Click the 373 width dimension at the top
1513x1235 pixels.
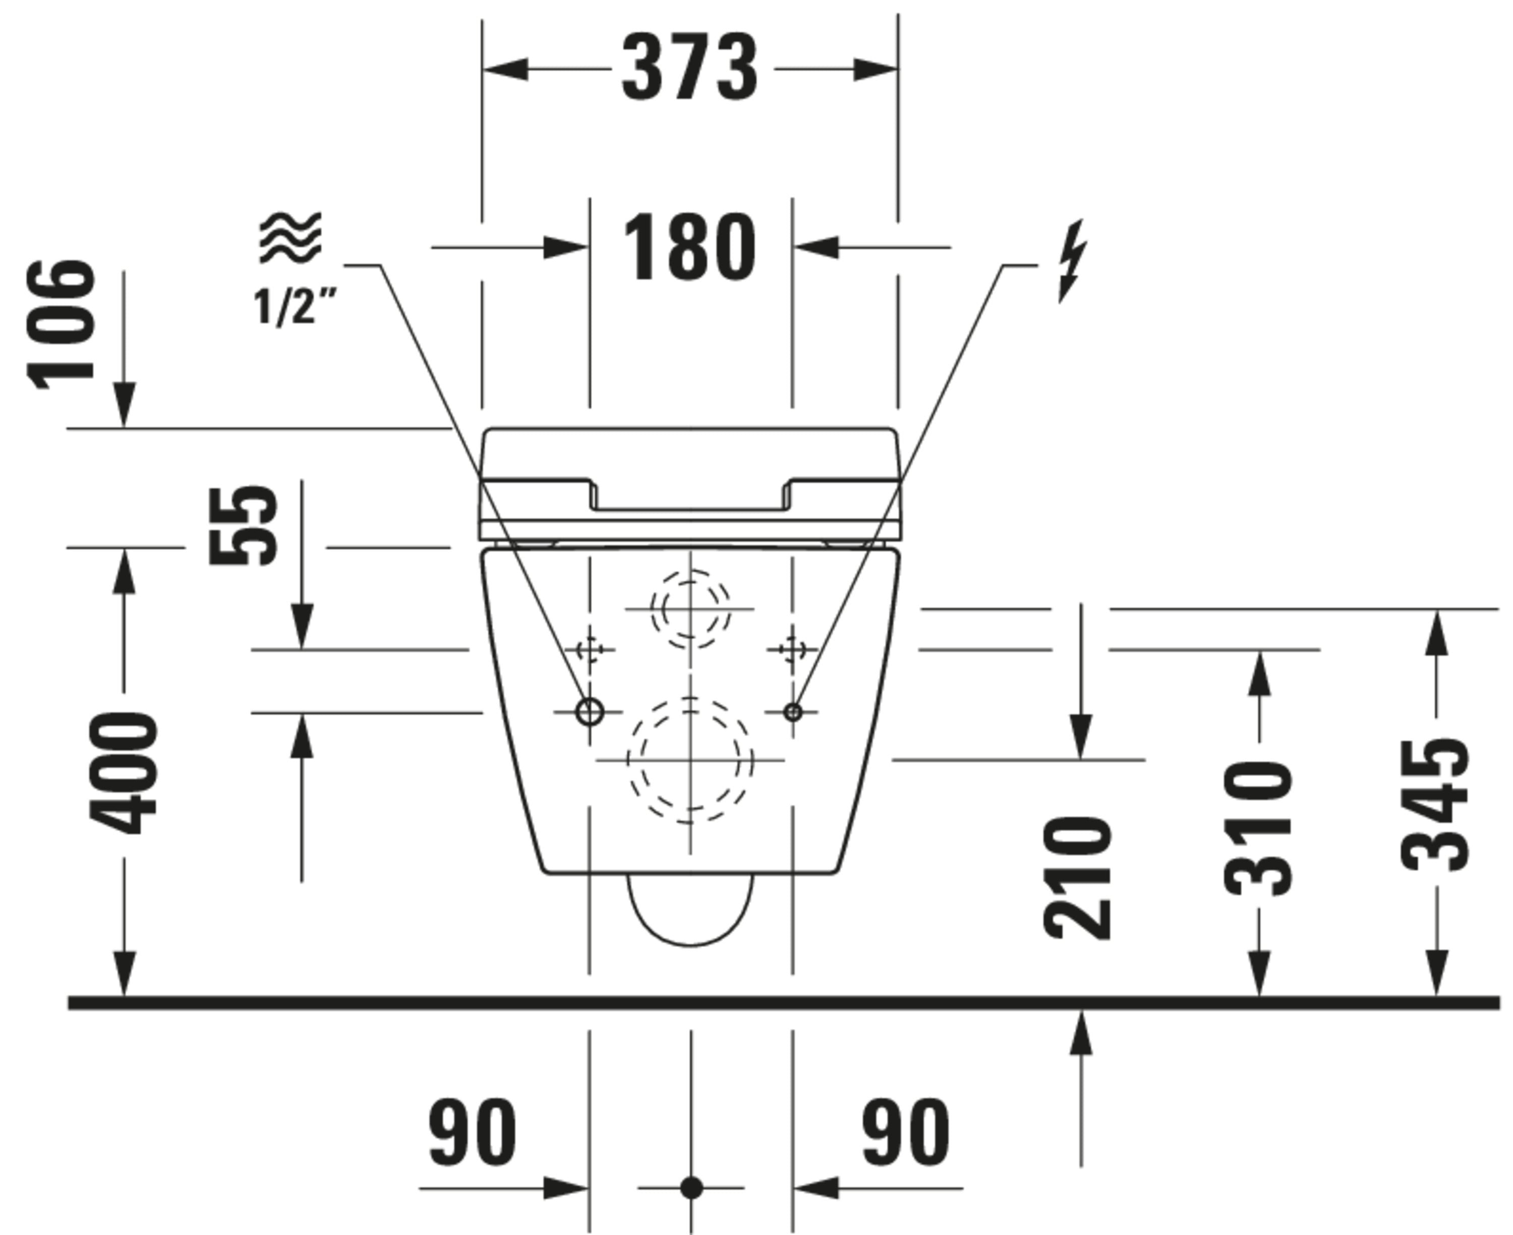point(689,68)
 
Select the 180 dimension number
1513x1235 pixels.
point(689,248)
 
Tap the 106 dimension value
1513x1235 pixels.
point(61,325)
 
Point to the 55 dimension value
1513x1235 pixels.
point(244,525)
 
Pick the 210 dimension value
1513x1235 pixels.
point(1077,878)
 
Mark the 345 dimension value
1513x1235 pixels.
point(1435,806)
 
